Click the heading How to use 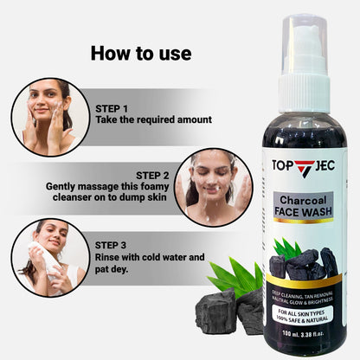click(x=141, y=54)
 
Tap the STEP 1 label click(x=113, y=109)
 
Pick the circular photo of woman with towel click(x=49, y=256)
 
